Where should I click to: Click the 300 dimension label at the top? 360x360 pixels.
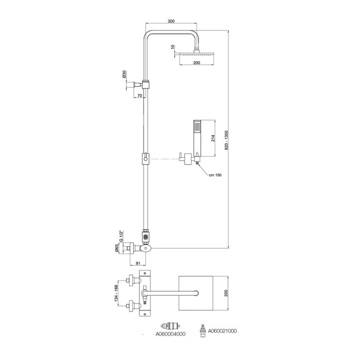[x=171, y=22]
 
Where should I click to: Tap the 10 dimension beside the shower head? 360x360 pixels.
[x=173, y=47]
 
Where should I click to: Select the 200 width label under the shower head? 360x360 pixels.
[x=197, y=63]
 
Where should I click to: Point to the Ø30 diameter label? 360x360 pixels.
[x=124, y=75]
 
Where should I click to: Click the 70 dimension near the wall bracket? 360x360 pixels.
[x=139, y=96]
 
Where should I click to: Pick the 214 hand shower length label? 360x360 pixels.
[x=213, y=138]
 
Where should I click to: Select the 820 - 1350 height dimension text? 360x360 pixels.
[x=227, y=140]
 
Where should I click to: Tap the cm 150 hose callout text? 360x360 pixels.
[x=215, y=175]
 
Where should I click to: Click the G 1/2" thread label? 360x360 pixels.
[x=121, y=236]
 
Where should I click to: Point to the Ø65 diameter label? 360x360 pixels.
[x=117, y=248]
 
